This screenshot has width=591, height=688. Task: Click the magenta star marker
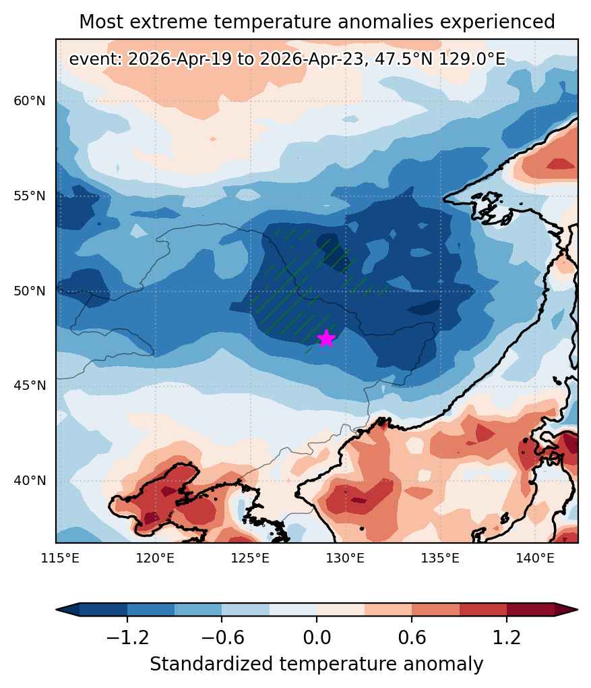point(326,339)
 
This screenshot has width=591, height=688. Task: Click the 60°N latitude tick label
point(30,101)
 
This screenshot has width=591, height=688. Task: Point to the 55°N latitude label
point(30,196)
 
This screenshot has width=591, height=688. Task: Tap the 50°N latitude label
point(30,291)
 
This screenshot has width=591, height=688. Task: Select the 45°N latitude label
point(30,386)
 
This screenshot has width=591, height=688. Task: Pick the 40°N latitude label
point(30,480)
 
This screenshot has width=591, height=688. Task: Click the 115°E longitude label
point(61,558)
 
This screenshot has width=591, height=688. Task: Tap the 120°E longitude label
point(155,558)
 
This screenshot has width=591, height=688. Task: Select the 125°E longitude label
point(250,558)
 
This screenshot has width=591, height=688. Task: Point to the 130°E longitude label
point(346,558)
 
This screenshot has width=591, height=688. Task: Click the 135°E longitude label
point(440,558)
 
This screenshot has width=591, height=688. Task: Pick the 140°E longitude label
point(535,558)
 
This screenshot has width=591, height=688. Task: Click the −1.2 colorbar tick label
point(127,637)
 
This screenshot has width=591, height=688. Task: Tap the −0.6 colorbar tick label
point(222,637)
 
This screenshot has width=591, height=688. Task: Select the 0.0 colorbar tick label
point(317,637)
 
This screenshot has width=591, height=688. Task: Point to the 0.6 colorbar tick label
point(412,637)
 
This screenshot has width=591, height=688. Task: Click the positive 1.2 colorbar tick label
point(507,637)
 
